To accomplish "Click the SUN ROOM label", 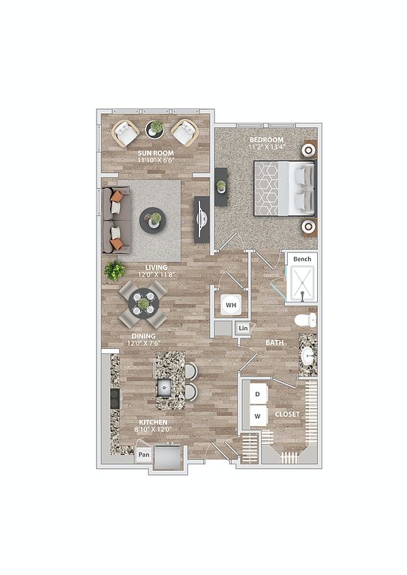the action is [156, 153].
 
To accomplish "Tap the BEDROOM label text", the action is [266, 140].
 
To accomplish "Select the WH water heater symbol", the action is [231, 305].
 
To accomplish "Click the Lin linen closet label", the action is [243, 328].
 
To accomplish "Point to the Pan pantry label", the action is [144, 454].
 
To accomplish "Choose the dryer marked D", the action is [259, 394].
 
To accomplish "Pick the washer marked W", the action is [259, 416].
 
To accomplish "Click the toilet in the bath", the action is [305, 320].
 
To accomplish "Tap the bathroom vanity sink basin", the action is [307, 355].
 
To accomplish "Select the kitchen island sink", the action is [165, 388].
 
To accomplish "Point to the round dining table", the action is [143, 304].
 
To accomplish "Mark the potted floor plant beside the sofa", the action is [115, 270].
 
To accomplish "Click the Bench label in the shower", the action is [302, 259].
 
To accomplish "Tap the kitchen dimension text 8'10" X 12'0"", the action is [153, 429].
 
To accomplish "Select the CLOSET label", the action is [287, 414].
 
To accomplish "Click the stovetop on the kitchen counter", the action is [115, 398].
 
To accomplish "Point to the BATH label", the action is [274, 342].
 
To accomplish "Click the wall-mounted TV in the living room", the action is [202, 219].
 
